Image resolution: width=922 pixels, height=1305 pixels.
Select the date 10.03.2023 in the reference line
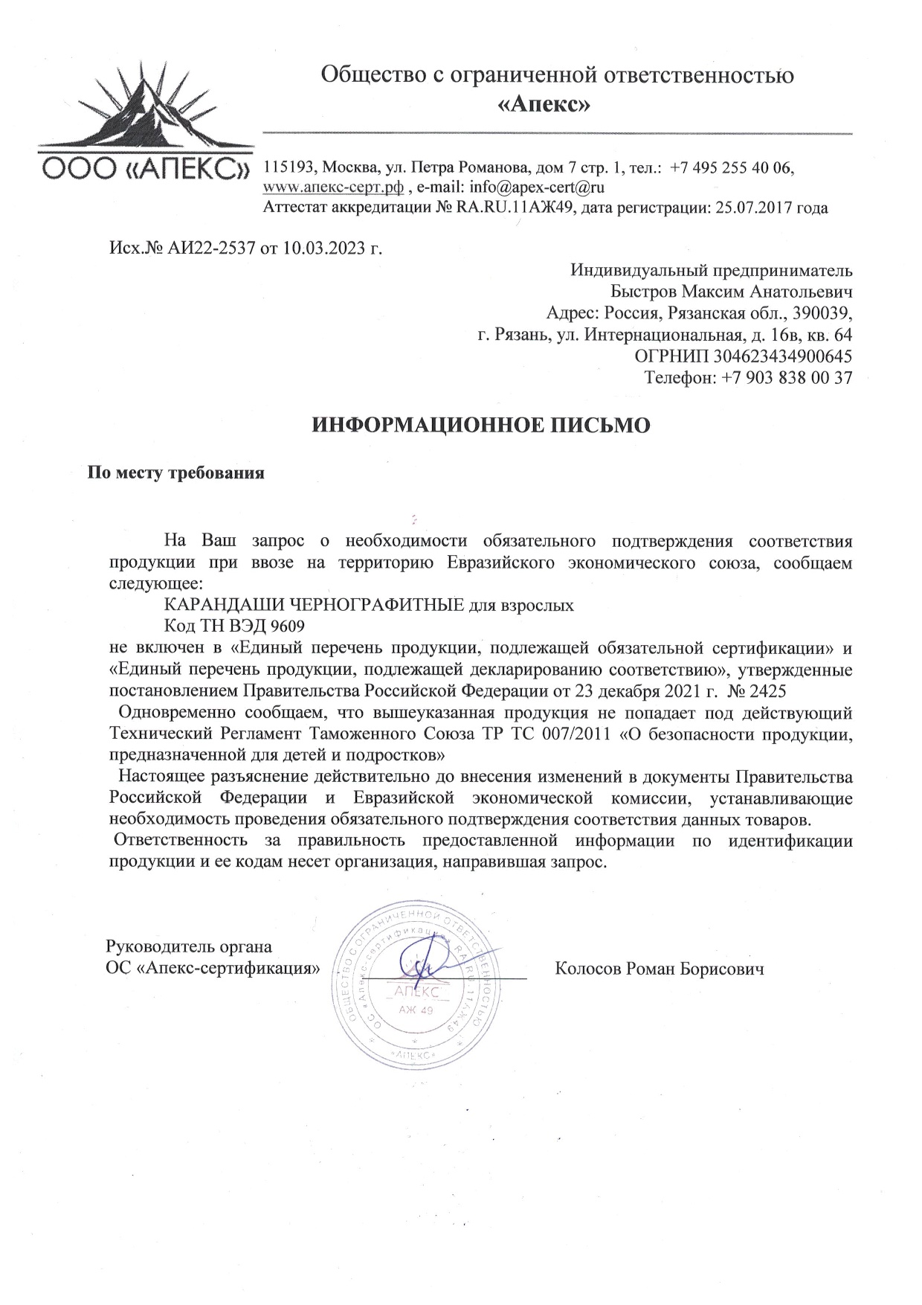(x=324, y=247)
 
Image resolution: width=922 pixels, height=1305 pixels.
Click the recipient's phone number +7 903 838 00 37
(x=787, y=377)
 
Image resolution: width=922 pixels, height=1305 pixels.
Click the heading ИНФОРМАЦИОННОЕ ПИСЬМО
(x=480, y=425)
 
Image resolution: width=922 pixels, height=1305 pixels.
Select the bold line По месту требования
(x=176, y=473)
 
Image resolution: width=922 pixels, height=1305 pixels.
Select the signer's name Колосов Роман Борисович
(x=660, y=969)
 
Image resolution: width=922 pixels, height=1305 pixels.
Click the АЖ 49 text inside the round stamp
(x=416, y=1010)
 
